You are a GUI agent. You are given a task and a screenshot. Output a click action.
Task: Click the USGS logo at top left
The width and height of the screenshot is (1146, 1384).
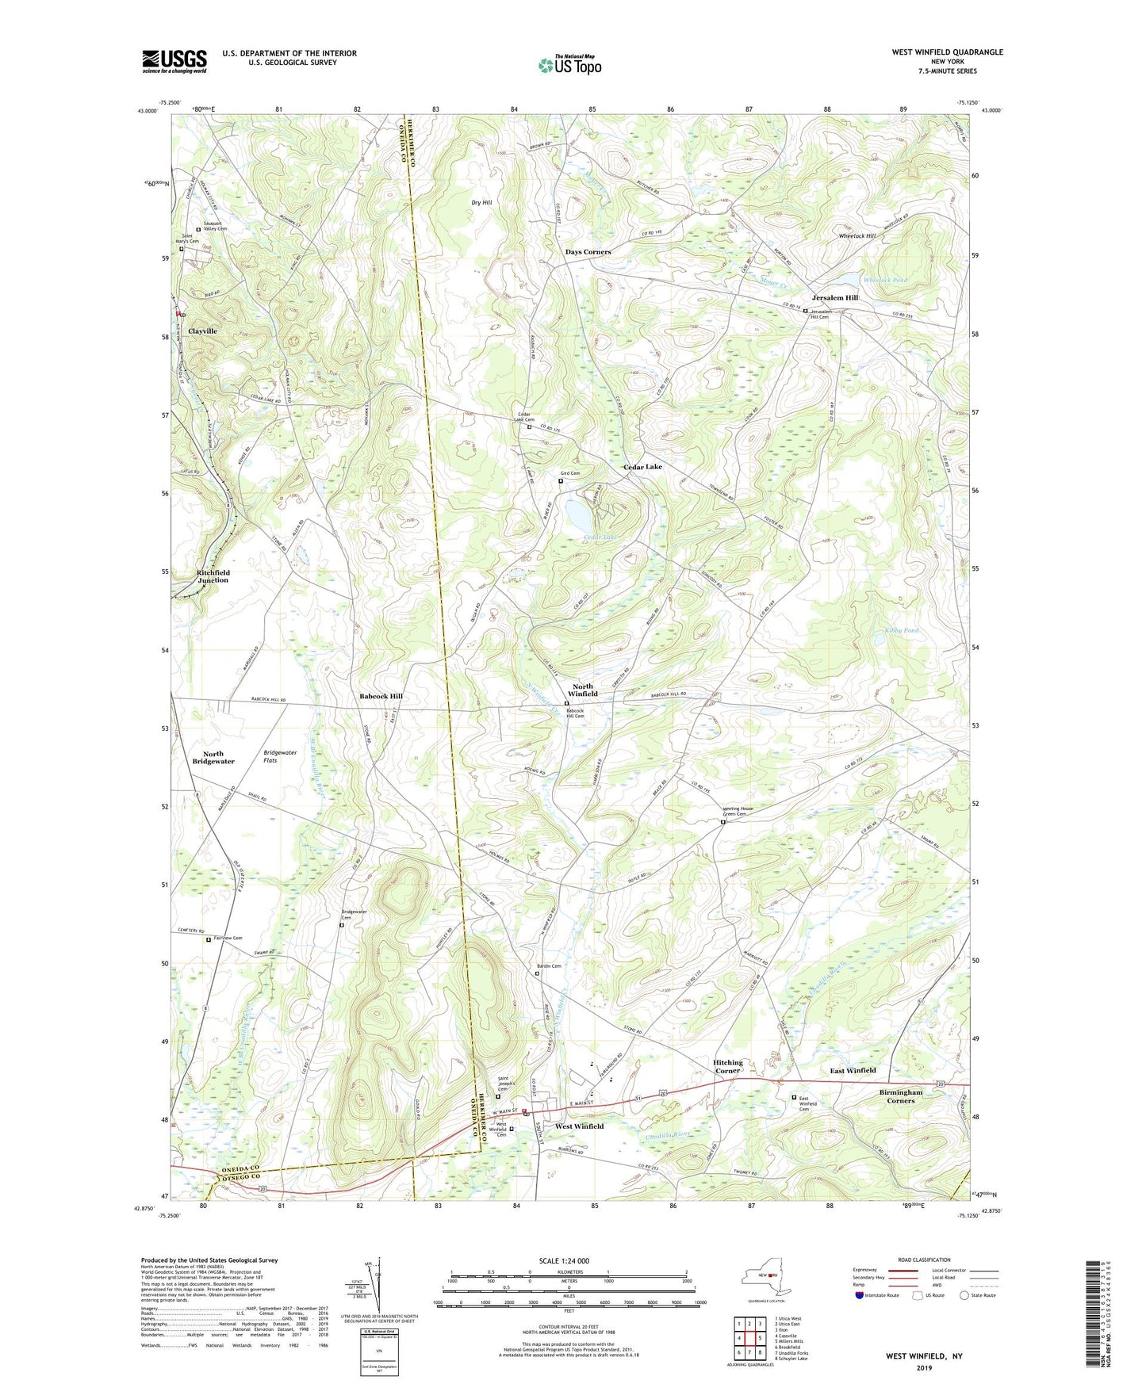point(174,61)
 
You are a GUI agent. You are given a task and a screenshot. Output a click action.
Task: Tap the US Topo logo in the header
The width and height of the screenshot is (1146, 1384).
point(569,65)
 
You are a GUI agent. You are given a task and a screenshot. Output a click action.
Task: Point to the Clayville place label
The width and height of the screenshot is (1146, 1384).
point(202,331)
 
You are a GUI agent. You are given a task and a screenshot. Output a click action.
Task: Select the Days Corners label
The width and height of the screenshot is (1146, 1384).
point(588,251)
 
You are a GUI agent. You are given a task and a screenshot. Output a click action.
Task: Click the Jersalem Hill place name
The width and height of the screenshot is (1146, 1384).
point(834,298)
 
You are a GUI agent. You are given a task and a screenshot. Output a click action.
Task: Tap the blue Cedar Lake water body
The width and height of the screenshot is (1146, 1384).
point(578,518)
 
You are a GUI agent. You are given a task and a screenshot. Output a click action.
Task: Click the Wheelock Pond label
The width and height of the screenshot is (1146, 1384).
point(885,281)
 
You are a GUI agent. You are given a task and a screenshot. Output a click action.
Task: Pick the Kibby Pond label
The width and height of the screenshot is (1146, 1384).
point(901,630)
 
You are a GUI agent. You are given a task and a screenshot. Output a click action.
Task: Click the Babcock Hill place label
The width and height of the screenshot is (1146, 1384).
point(381,696)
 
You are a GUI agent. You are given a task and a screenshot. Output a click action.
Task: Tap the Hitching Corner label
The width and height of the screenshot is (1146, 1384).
point(727,1066)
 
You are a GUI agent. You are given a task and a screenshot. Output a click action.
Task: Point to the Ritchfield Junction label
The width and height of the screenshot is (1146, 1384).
point(213,576)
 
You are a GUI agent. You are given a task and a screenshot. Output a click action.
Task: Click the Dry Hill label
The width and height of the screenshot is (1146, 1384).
point(481,203)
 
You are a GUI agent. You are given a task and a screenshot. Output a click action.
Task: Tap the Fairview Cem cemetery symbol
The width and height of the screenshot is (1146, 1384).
point(209,940)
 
